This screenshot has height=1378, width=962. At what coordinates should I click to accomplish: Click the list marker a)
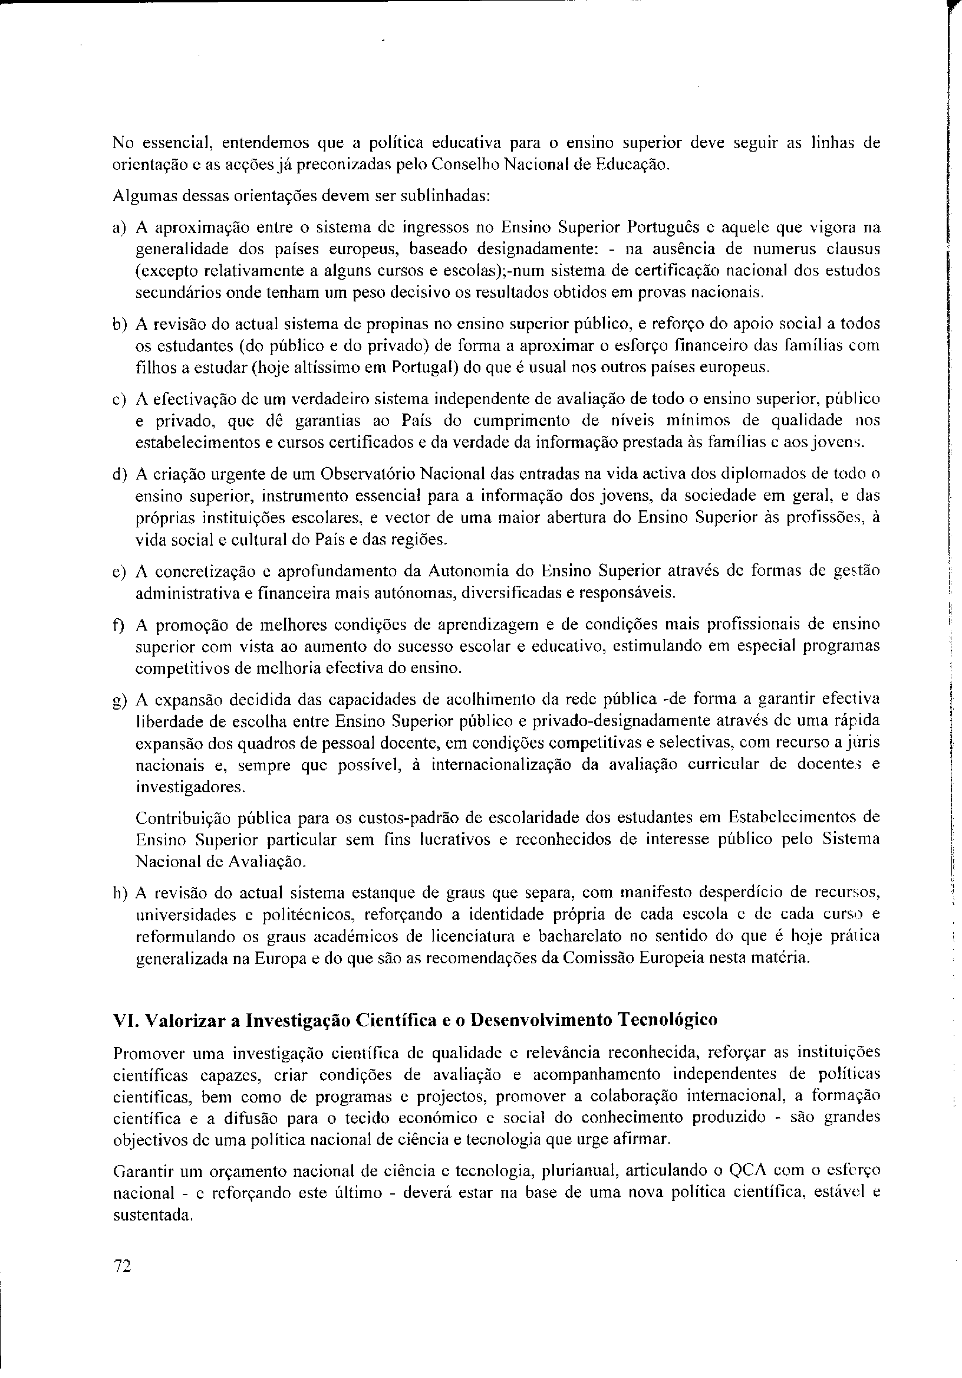pos(119,228)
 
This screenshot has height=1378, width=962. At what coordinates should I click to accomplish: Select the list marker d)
pos(119,474)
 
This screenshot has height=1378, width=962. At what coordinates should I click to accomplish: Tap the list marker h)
pos(120,893)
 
